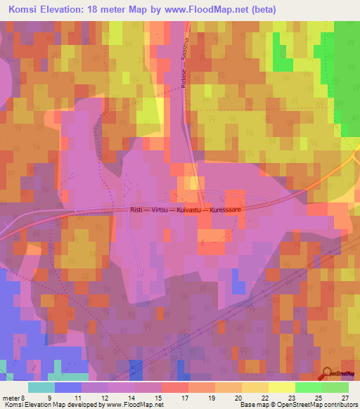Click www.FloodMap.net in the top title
(214, 9)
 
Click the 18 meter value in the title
(106, 9)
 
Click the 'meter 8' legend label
(14, 397)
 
